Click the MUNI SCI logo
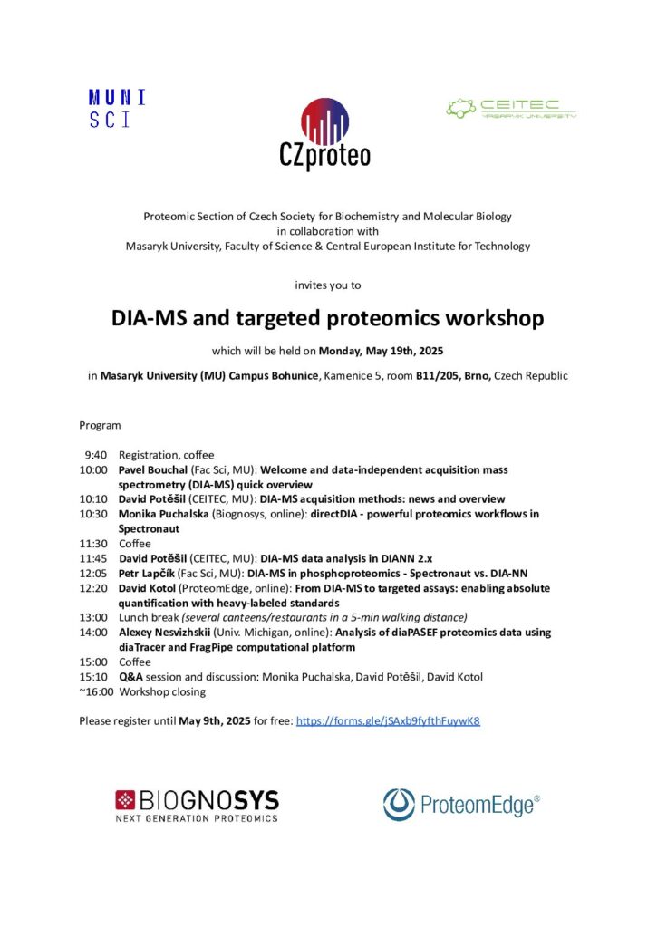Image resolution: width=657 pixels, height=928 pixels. (117, 108)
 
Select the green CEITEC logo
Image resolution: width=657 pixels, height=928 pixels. (511, 109)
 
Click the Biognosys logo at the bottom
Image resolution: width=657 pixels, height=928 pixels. (197, 804)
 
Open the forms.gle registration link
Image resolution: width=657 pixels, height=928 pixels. (388, 721)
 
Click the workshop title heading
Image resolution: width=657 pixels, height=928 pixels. (327, 319)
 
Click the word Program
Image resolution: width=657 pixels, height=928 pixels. (100, 425)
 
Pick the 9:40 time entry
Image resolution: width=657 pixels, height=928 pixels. (96, 455)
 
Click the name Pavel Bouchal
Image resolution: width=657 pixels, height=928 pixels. (150, 470)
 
